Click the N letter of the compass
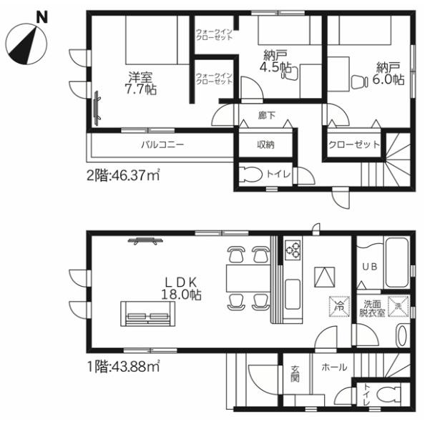pyautogui.click(x=42, y=17)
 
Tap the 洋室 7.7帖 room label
pyautogui.click(x=141, y=83)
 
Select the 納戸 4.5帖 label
pyautogui.click(x=275, y=61)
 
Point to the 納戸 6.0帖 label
pyautogui.click(x=388, y=74)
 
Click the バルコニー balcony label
pyautogui.click(x=162, y=144)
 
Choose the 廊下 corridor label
pyautogui.click(x=267, y=115)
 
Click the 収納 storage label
pyautogui.click(x=265, y=144)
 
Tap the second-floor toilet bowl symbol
pyautogui.click(x=250, y=174)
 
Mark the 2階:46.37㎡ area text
pyautogui.click(x=123, y=175)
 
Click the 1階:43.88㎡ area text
pyautogui.click(x=123, y=367)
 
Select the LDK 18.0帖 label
pyautogui.click(x=181, y=288)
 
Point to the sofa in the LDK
pyautogui.click(x=148, y=314)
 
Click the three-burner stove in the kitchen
pyautogui.click(x=293, y=250)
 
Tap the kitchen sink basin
pyautogui.click(x=292, y=294)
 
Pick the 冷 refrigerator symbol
pyautogui.click(x=339, y=307)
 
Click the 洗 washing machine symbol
pyautogui.click(x=399, y=307)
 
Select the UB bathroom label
pyautogui.click(x=370, y=266)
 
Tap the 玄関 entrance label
pyautogui.click(x=295, y=374)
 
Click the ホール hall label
pyautogui.click(x=334, y=368)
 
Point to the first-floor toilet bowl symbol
pyautogui.click(x=388, y=395)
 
